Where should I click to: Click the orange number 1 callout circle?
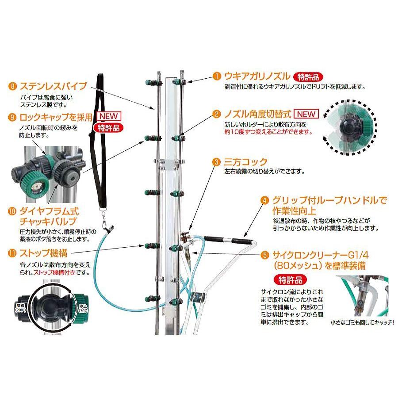pyautogui.click(x=216, y=76)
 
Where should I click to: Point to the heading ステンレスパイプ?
pyautogui.click(x=53, y=85)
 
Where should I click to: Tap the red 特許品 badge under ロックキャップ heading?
pyautogui.click(x=108, y=128)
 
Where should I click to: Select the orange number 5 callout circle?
pyautogui.click(x=264, y=254)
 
